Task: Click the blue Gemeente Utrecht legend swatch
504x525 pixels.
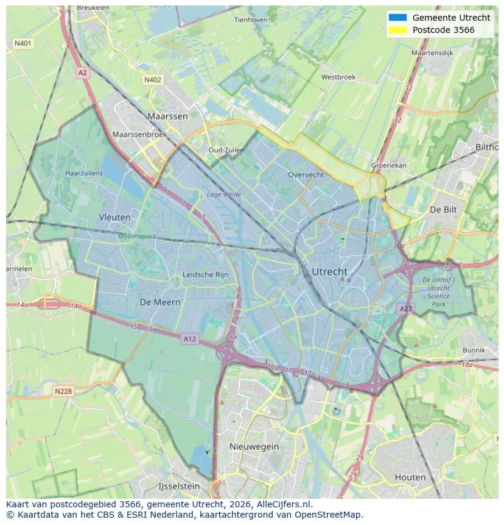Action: coord(397,18)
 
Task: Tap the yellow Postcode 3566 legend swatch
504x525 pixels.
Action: coord(397,30)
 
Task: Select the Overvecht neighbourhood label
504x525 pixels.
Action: coord(306,175)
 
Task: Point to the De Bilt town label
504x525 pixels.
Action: coord(443,209)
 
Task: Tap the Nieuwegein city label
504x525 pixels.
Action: coord(254,446)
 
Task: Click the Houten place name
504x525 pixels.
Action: coord(410,477)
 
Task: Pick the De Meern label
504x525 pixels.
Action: coord(160,302)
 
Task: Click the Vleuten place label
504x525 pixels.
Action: coord(114,217)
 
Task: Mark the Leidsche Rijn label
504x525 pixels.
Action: coord(206,275)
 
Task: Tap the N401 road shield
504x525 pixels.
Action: coord(23,43)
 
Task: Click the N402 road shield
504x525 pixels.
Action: coord(153,80)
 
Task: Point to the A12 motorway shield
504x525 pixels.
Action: coord(190,339)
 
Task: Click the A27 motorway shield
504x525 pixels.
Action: coord(406,309)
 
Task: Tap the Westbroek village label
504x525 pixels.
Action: coord(338,77)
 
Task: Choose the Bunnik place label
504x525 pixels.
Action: coord(474,350)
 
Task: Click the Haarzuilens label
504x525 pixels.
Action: coord(84,173)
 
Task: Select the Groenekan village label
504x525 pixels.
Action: coord(390,165)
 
